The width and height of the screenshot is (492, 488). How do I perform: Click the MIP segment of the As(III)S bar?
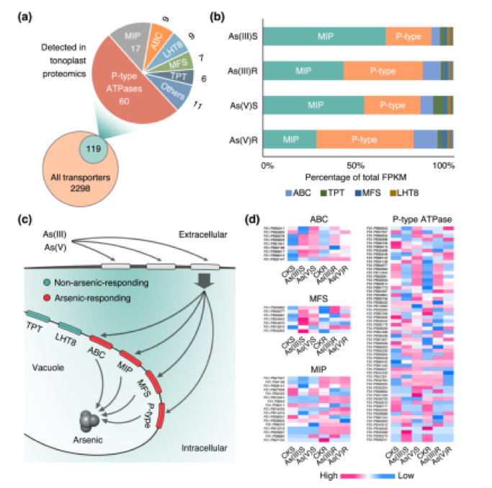(325, 34)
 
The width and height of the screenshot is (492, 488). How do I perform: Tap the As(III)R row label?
(243, 71)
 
